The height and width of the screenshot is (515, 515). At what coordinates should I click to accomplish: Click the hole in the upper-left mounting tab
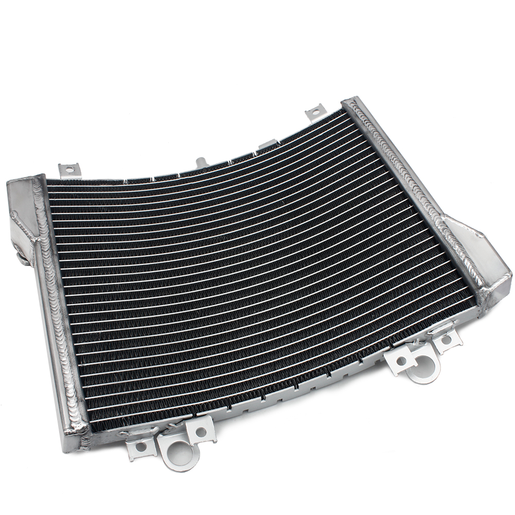coord(69,168)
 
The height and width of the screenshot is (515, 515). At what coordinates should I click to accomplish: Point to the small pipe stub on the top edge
coord(201,162)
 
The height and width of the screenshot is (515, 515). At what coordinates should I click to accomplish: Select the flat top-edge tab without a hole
coord(267,145)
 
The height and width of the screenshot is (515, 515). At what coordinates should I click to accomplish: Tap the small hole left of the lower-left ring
coord(139,446)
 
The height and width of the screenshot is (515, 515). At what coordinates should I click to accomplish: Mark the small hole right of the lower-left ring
coord(201,432)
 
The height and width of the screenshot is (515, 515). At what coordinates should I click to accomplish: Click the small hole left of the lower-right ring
coord(400,360)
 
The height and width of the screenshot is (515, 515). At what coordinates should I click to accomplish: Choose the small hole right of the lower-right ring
coord(446,340)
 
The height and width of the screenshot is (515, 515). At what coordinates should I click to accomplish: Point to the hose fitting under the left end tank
coord(23,257)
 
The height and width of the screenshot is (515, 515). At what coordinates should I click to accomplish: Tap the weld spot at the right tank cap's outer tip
coord(507,278)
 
